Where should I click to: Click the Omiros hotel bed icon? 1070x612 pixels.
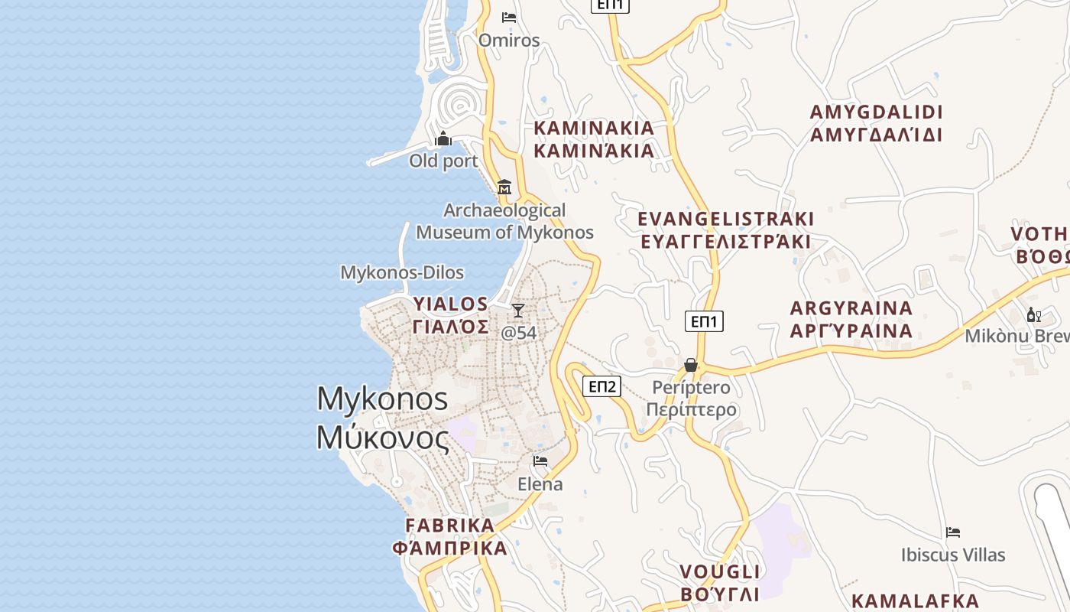pos(509,18)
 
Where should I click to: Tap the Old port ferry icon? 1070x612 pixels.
pos(443,139)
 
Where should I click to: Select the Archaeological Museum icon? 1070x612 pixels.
pos(504,187)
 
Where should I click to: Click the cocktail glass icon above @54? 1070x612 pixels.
pos(518,310)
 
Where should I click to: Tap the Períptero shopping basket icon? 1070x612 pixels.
pos(691,365)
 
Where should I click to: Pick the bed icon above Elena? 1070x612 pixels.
pos(540,461)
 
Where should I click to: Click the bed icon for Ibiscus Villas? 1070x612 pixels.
pos(952,532)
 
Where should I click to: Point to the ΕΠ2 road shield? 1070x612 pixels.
pos(602,386)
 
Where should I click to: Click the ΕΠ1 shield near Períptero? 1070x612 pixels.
pos(704,321)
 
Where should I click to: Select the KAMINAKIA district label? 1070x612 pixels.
pos(594,139)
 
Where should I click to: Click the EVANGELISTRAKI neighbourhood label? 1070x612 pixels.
pos(726,230)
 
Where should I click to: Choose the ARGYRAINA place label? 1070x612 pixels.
pos(851,320)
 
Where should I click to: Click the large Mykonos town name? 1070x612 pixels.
pos(382,418)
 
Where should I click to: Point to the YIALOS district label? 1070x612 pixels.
pos(451,315)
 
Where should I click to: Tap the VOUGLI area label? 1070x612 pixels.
pos(720,583)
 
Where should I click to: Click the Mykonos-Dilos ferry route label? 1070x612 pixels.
pos(402,272)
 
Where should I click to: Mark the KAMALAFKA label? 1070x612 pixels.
pos(915,601)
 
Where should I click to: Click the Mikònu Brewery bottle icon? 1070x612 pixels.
pos(1033,314)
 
